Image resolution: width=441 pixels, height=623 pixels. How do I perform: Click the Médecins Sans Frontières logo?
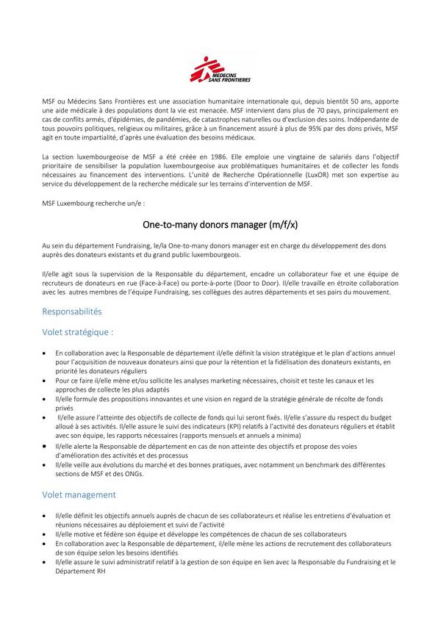click(220, 71)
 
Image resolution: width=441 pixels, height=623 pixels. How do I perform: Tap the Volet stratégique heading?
click(78, 332)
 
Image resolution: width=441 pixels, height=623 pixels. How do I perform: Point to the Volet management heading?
click(79, 495)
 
